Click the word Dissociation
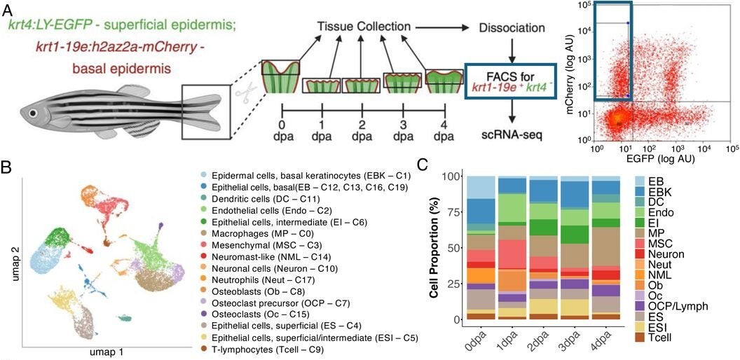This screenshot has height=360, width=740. pos(512,29)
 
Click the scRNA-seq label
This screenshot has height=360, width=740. pos(511,134)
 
